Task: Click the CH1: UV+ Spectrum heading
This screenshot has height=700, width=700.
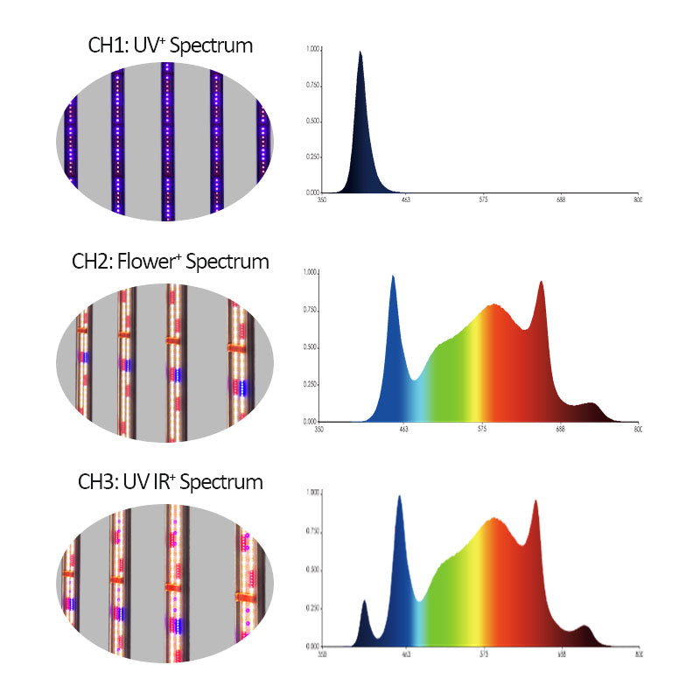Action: [x=171, y=45]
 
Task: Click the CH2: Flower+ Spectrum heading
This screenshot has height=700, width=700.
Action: [x=171, y=262]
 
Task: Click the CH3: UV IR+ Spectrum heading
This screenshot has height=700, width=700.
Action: [x=171, y=481]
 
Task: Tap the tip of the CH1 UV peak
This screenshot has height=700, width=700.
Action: [x=360, y=52]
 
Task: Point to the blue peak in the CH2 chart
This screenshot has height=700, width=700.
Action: [x=393, y=278]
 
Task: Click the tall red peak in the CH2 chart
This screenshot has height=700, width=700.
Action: [x=541, y=283]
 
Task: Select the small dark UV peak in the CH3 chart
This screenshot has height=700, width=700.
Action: [x=364, y=603]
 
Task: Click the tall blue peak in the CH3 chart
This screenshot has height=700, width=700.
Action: [x=400, y=499]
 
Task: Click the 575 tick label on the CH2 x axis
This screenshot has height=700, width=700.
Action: [x=483, y=430]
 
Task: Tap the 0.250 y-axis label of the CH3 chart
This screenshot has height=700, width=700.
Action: [x=311, y=608]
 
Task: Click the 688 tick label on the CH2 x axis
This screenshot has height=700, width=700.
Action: [x=560, y=430]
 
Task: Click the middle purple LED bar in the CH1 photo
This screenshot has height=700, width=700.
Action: [x=166, y=140]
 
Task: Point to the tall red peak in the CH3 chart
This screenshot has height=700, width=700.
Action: [x=535, y=503]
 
